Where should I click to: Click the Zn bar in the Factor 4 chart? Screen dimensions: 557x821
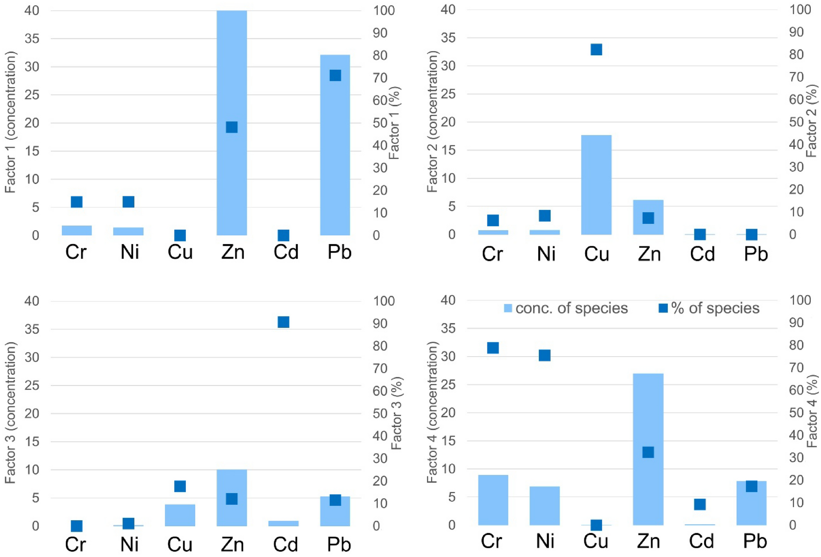tap(648, 409)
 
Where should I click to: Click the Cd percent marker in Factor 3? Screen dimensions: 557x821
tap(283, 322)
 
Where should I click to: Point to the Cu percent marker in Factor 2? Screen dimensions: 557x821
tap(596, 49)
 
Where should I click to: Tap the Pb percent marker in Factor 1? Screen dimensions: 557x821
tap(335, 75)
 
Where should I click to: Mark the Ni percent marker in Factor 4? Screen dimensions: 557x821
tap(544, 355)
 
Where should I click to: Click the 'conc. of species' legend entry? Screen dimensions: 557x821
tap(566, 308)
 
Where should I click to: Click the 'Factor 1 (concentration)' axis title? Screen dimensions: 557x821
tap(10, 122)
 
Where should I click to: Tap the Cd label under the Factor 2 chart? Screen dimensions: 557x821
tap(702, 254)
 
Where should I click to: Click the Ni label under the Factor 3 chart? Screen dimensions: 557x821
tap(129, 544)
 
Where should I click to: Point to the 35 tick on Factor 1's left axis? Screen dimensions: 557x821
tap(32, 38)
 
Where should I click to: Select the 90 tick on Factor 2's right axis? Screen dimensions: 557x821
tap(796, 32)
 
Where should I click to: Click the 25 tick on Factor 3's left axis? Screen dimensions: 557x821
tap(32, 385)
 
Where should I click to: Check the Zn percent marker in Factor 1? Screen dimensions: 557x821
tap(232, 127)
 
